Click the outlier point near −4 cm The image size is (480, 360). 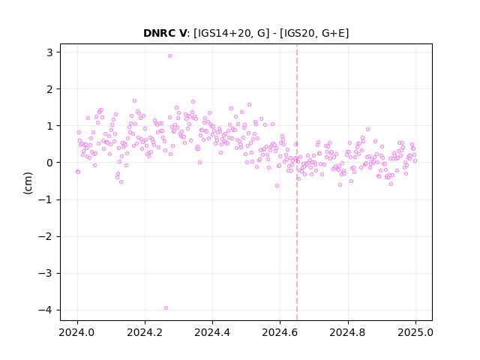(166, 308)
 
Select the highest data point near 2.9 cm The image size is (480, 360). (169, 56)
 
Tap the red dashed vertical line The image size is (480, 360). (297, 182)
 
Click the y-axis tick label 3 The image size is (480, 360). (49, 52)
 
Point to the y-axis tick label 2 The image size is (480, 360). (49, 89)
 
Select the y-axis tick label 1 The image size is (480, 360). (49, 126)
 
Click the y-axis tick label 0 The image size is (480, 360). (49, 163)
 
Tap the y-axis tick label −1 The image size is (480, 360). (45, 199)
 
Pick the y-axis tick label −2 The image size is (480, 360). (45, 236)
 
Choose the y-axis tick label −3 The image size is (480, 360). (45, 273)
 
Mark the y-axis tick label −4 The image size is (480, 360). (45, 310)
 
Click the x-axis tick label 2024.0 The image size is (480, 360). (76, 332)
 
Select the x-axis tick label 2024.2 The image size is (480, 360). (145, 332)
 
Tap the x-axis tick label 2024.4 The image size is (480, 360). (212, 332)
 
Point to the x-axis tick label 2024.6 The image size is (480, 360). (280, 332)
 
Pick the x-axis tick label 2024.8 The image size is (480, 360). (347, 332)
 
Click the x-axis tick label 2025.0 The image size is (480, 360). (415, 332)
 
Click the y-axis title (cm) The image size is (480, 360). (28, 183)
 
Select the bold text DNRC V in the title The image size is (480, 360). (165, 33)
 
